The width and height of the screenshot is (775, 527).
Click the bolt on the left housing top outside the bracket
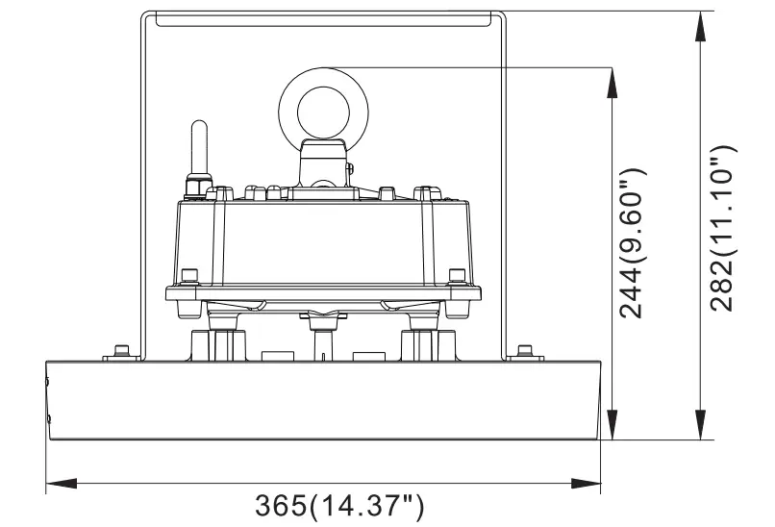pos(121,350)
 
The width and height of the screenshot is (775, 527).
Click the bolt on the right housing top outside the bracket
pos(524,350)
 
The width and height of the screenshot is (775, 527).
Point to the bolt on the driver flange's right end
pos(458,280)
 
